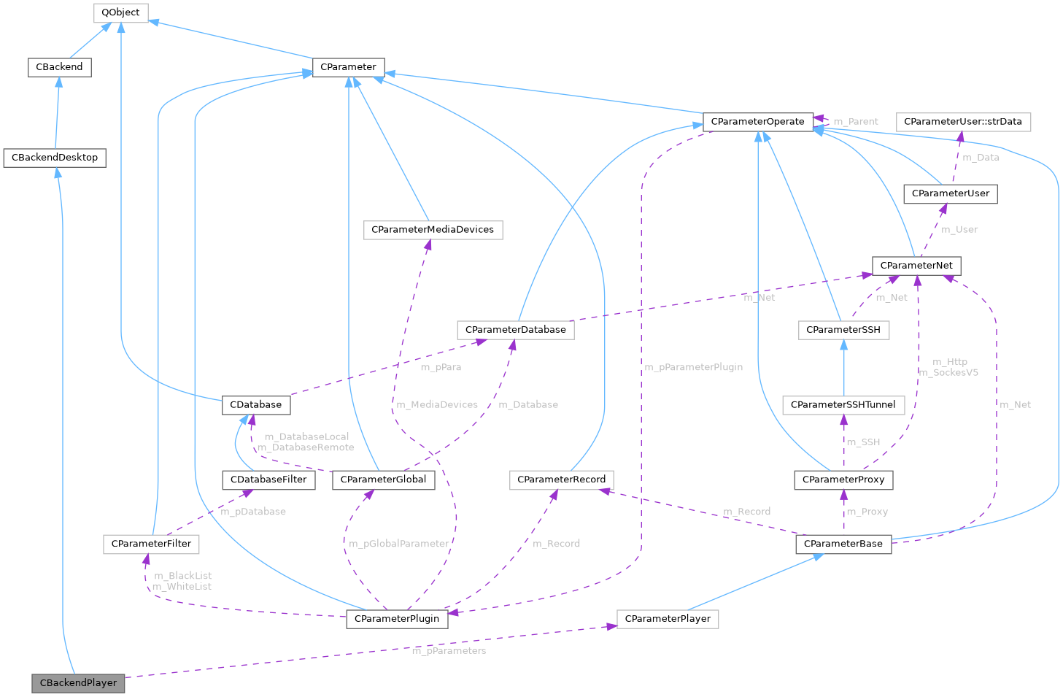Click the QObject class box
point(120,12)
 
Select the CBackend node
point(59,67)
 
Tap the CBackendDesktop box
point(55,158)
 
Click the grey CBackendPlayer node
point(78,683)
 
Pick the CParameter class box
point(348,67)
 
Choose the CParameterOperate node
point(757,122)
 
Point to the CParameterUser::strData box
point(962,122)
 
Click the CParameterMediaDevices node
point(433,230)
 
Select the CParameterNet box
point(916,266)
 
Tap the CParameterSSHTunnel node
point(843,405)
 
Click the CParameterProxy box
point(843,480)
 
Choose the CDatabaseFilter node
point(268,480)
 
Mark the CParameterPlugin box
point(397,619)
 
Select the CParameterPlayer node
point(668,619)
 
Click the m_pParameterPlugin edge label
point(693,367)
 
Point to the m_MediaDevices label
point(436,404)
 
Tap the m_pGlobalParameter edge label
point(398,544)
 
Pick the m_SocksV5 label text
point(948,373)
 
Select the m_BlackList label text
point(183,576)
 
